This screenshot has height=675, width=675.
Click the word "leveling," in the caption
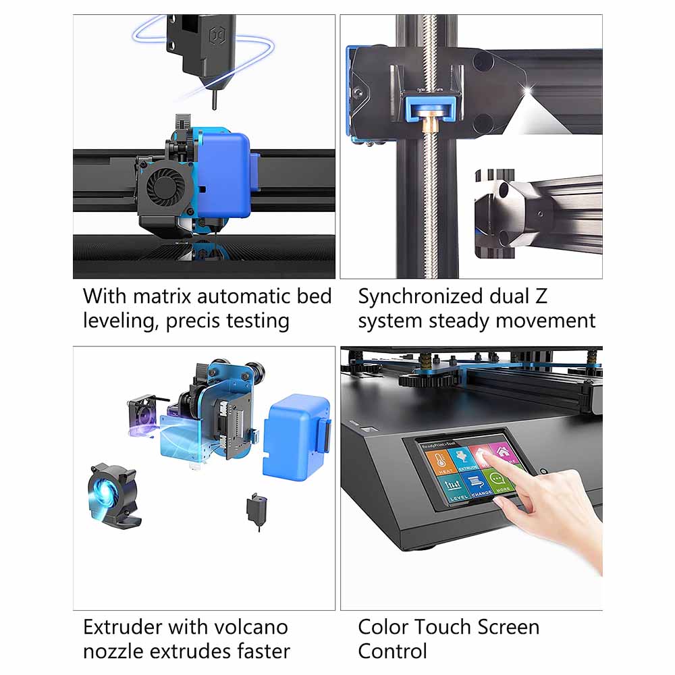pyautogui.click(x=121, y=321)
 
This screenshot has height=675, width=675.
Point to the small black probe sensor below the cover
pyautogui.click(x=255, y=509)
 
